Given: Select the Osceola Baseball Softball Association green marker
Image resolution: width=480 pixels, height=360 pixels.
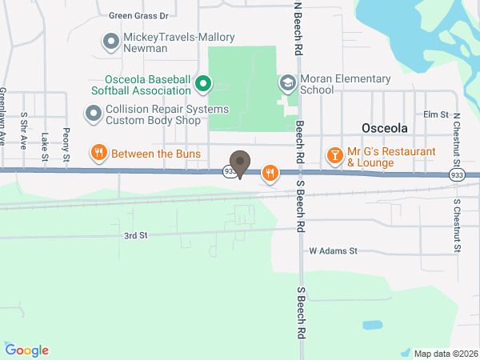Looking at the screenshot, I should (203, 82).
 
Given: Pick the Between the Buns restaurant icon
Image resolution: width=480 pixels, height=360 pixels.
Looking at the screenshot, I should (100, 153).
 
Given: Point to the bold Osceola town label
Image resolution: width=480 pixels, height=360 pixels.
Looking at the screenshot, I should (384, 128).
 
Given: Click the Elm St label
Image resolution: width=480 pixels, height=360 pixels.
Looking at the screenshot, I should (437, 114).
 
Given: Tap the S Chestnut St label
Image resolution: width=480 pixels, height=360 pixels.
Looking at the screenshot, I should (457, 226).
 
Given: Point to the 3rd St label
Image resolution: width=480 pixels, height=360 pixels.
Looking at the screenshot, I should (136, 235).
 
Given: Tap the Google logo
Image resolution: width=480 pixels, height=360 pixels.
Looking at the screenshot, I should (27, 350).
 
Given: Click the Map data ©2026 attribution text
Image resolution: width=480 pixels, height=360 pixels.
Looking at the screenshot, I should (445, 353).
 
